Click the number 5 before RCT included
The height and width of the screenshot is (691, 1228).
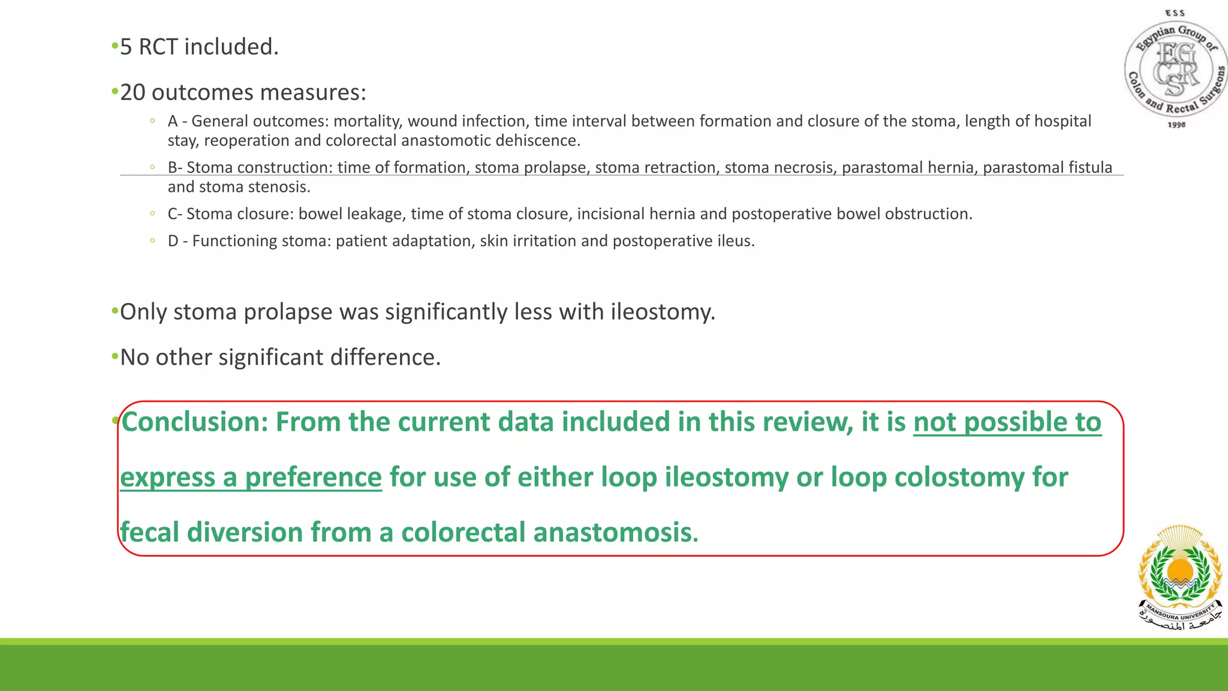[126, 47]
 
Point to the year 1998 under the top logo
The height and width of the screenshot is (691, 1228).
[1176, 125]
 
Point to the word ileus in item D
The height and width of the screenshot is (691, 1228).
[735, 241]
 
